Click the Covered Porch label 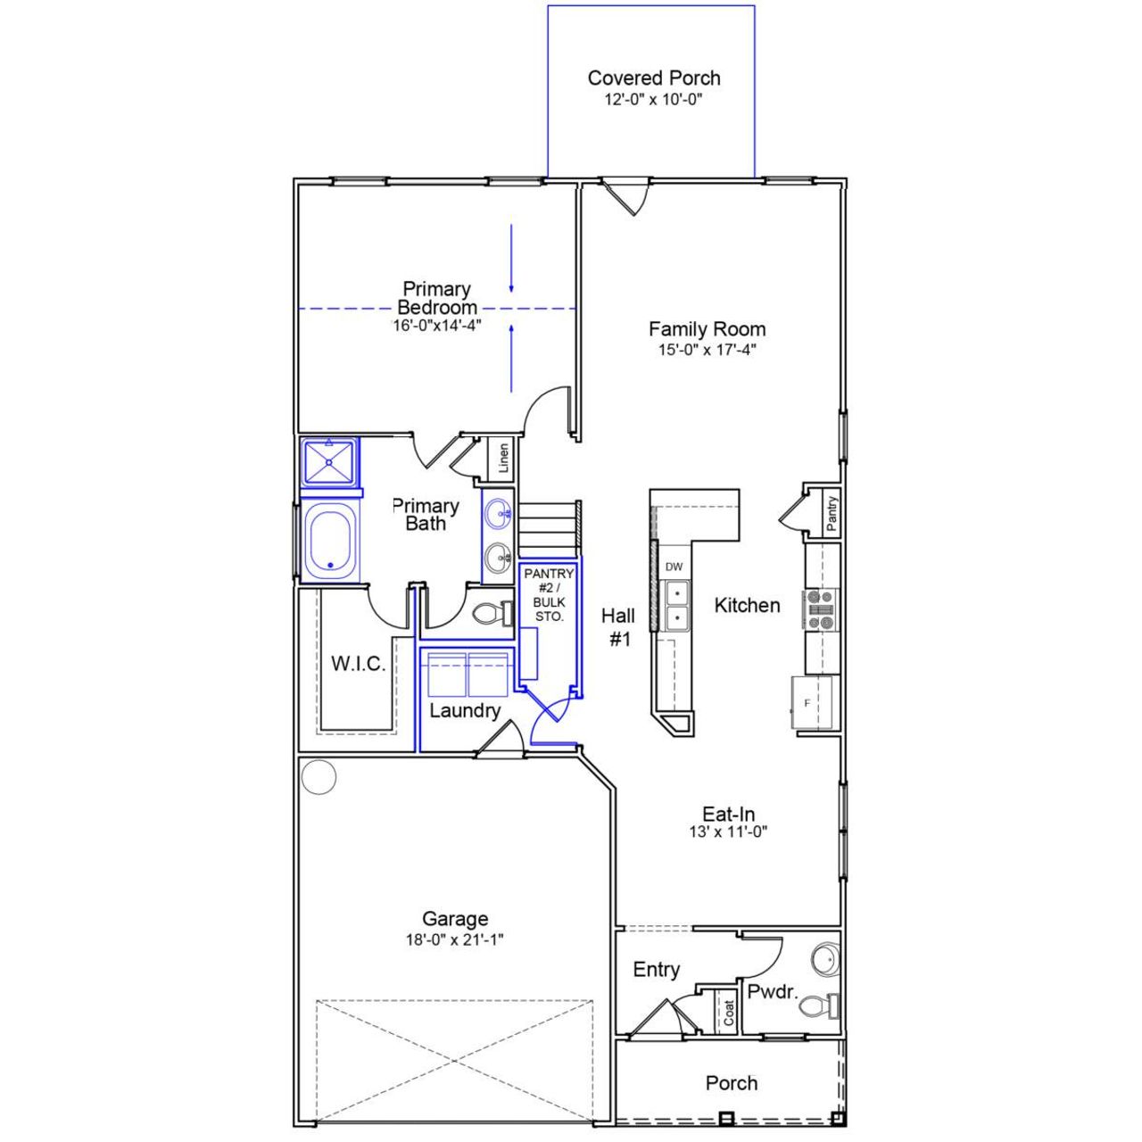coord(653,79)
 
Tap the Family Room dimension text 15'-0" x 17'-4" coord(707,351)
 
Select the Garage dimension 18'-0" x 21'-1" coord(455,939)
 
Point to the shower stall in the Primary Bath coord(329,461)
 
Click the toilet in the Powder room coord(819,1006)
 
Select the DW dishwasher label coord(674,567)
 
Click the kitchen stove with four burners coord(820,608)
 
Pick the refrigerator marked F coord(811,703)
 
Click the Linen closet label coord(504,458)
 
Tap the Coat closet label coord(729,1013)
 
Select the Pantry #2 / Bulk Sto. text coord(549,595)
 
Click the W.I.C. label coord(358,664)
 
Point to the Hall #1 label coord(618,627)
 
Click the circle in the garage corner coord(319,776)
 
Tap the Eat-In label coord(728,814)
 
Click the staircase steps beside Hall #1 coord(548,527)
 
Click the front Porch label coord(731,1083)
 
